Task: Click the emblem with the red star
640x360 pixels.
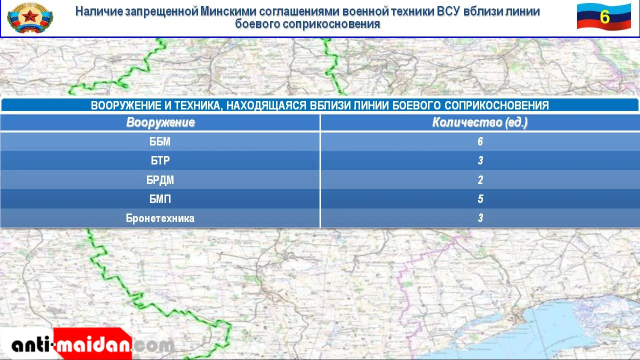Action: click(x=30, y=18)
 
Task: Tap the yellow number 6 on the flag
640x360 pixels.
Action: click(x=604, y=17)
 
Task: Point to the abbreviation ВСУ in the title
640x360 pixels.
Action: click(x=448, y=11)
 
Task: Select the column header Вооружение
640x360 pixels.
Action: click(x=160, y=122)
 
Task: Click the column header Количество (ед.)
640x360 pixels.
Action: click(x=479, y=122)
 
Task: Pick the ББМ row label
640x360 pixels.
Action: click(x=160, y=141)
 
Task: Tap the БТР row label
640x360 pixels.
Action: click(x=160, y=160)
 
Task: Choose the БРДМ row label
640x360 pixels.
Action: click(x=160, y=180)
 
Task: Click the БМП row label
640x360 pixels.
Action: click(x=160, y=199)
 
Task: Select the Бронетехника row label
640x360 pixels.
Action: click(x=160, y=218)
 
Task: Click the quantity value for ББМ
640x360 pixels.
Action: click(x=480, y=141)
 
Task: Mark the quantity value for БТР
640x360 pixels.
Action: click(x=480, y=160)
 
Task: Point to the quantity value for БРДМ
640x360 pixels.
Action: click(x=480, y=179)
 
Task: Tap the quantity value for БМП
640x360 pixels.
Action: click(x=480, y=199)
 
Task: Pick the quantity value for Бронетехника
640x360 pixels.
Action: click(x=480, y=218)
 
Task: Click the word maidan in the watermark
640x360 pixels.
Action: click(x=93, y=345)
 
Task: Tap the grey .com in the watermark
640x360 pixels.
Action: click(x=153, y=345)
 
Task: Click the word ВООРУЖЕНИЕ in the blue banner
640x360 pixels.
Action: click(x=125, y=105)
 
